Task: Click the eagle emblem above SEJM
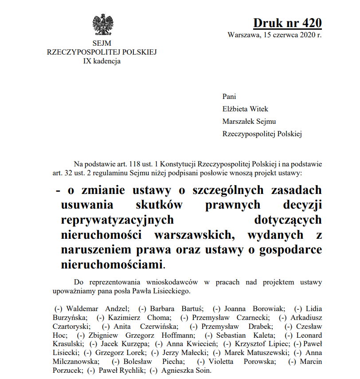point(103,25)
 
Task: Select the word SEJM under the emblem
point(102,43)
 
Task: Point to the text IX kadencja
point(102,61)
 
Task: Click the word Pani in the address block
point(229,97)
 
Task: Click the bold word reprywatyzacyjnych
point(117,219)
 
